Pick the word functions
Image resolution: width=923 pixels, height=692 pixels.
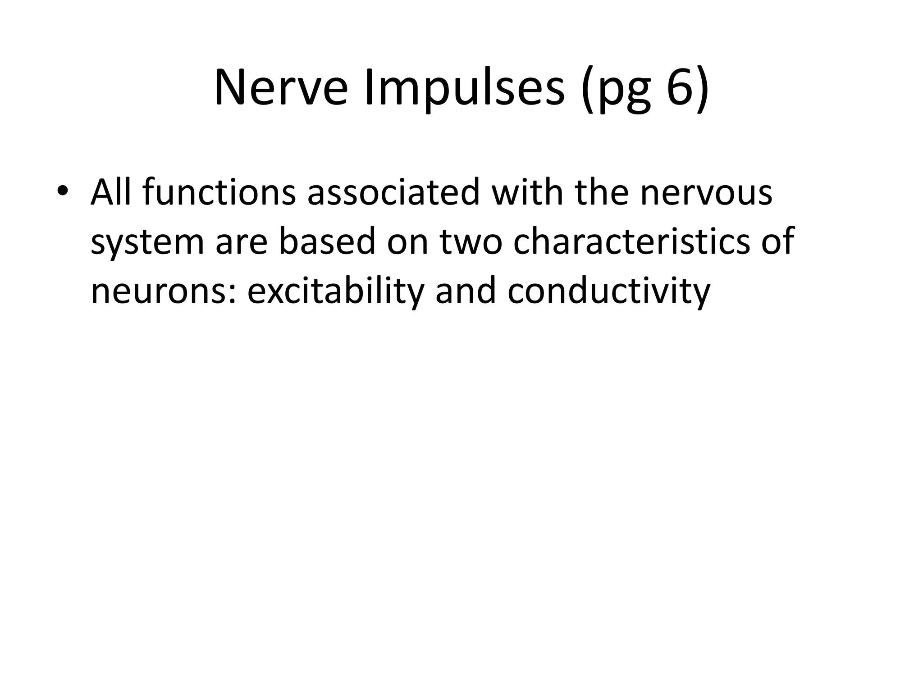[219, 191]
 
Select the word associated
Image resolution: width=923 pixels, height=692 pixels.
[393, 191]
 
